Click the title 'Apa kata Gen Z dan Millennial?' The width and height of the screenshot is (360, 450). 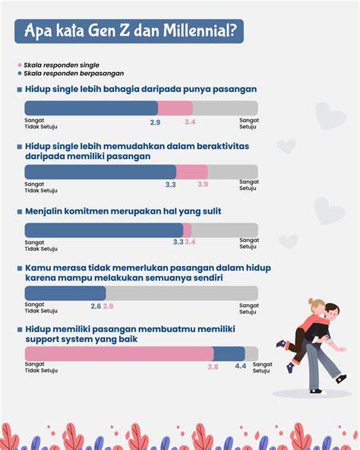[131, 30]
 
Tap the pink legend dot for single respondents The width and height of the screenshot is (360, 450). [20, 65]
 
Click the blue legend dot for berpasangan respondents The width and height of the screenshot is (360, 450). [20, 74]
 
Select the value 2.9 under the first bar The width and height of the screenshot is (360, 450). [155, 122]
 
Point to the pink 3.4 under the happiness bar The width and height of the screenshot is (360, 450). [190, 122]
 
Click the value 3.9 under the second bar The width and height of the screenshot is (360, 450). [203, 184]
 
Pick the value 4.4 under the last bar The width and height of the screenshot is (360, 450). [241, 366]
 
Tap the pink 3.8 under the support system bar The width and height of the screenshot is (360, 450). [213, 367]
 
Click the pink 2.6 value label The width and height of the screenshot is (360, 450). [108, 306]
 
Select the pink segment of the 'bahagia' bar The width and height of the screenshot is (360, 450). [175, 108]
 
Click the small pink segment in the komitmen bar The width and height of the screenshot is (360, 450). [187, 230]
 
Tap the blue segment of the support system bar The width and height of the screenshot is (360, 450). [229, 354]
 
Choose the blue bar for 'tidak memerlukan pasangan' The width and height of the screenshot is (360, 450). [65, 293]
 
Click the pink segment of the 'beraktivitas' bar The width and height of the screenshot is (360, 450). [192, 172]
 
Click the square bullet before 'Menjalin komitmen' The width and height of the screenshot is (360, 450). [20, 212]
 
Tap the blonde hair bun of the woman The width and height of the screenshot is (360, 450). [311, 301]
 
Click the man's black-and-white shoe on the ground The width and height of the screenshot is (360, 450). [315, 391]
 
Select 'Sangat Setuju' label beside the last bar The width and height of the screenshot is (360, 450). [262, 367]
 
